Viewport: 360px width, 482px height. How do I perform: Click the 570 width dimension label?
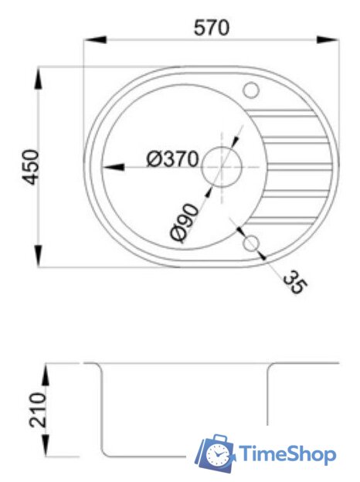211,28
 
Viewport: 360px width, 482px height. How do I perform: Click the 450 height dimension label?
31,167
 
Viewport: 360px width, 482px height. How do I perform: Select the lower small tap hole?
250,244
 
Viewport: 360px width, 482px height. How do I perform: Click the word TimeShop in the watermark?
288,455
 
